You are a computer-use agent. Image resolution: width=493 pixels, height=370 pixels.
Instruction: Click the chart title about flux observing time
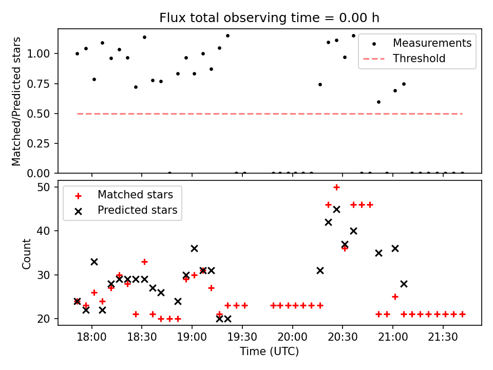pos(269,17)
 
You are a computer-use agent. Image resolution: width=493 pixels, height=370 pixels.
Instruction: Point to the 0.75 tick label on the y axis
pos(39,84)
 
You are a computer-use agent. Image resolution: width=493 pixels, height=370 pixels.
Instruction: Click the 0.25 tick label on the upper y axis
pos(39,143)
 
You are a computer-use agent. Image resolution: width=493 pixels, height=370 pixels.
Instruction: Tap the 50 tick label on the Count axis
pos(44,187)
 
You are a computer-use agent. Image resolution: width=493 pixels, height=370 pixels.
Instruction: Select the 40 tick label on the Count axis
pos(44,231)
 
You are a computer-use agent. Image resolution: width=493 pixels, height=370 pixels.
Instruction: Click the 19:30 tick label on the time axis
pos(242,337)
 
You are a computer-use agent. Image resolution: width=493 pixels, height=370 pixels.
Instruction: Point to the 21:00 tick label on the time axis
pos(393,337)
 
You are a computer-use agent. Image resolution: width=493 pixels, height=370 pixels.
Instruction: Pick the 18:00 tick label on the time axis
pos(92,337)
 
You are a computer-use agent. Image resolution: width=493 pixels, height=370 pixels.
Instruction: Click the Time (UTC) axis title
pos(269,351)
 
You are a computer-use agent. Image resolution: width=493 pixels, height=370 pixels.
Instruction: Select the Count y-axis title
pos(26,254)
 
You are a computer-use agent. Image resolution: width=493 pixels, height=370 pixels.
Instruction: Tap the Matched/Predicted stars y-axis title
pos(16,101)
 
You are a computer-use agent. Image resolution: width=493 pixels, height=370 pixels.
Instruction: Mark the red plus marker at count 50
pos(336,188)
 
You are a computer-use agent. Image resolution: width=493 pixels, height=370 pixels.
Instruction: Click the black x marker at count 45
pos(336,209)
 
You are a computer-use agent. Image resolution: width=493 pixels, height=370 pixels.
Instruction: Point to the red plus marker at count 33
pos(144,262)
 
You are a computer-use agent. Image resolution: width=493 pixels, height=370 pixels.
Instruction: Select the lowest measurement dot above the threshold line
pos(378,102)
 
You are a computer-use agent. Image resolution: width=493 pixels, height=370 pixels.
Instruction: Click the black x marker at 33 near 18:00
pos(94,262)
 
